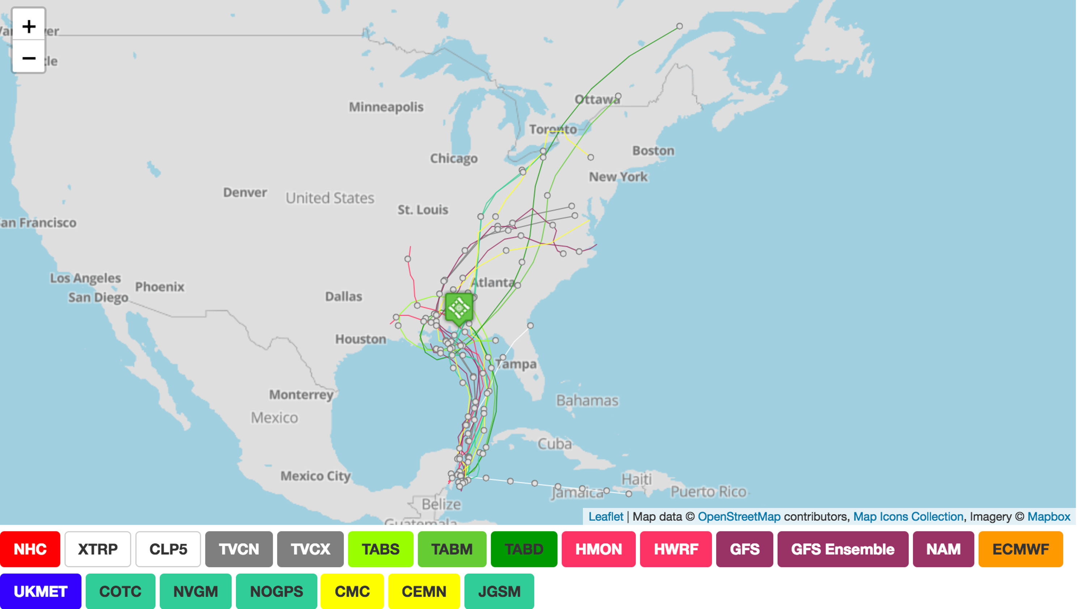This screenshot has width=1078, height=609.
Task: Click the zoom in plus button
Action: pyautogui.click(x=29, y=26)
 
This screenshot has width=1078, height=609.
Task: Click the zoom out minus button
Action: pyautogui.click(x=29, y=58)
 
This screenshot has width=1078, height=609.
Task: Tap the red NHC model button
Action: pyautogui.click(x=30, y=549)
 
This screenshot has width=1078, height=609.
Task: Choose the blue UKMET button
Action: pyautogui.click(x=41, y=591)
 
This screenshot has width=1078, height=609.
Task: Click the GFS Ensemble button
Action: pyautogui.click(x=843, y=549)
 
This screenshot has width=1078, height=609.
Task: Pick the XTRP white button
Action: pyautogui.click(x=98, y=549)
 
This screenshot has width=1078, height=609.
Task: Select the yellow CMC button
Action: pyautogui.click(x=352, y=591)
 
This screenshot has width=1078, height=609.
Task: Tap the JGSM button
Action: pyautogui.click(x=499, y=591)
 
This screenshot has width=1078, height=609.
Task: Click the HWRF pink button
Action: pyautogui.click(x=675, y=549)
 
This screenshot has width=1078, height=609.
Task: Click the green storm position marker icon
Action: pyautogui.click(x=459, y=308)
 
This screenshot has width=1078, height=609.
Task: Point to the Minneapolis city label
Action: pyautogui.click(x=386, y=107)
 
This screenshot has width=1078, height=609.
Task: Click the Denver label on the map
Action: pyautogui.click(x=245, y=193)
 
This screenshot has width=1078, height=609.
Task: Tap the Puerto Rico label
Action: pyautogui.click(x=708, y=492)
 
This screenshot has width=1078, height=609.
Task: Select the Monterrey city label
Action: pyautogui.click(x=301, y=395)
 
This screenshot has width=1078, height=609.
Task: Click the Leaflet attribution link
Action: pyautogui.click(x=606, y=516)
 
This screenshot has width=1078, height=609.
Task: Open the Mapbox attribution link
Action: pyautogui.click(x=1048, y=516)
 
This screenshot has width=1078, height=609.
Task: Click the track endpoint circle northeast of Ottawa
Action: pyautogui.click(x=680, y=26)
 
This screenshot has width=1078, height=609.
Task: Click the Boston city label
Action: pyautogui.click(x=653, y=151)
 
